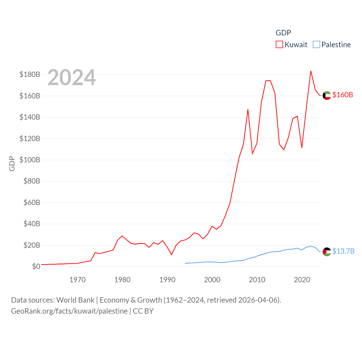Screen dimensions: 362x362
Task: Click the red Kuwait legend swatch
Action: coord(279,45)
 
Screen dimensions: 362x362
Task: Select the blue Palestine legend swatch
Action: coord(316,45)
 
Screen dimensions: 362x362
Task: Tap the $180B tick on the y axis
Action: coord(30,75)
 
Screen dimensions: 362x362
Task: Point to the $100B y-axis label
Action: coord(30,160)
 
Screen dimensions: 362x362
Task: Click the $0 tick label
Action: coord(36,267)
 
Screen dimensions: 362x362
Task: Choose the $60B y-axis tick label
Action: coord(32,203)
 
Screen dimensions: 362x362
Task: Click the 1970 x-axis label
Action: coord(77,280)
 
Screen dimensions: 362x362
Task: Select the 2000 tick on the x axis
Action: coord(212,280)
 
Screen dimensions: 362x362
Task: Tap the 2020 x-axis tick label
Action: coord(302,280)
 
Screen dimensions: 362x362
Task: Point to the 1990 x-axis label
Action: coord(167,280)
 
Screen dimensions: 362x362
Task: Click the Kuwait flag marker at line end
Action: coord(327,96)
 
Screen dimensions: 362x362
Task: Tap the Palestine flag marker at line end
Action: coord(327,252)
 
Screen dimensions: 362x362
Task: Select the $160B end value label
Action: coord(342,95)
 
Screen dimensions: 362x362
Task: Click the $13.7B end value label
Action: coord(343,251)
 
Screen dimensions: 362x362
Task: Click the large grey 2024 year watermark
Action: coord(72,77)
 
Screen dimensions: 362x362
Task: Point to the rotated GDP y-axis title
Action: coord(12,163)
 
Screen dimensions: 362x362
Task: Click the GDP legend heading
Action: coord(283,33)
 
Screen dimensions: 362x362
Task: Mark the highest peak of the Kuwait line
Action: coord(311,71)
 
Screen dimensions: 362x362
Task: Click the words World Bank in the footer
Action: coord(75,300)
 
